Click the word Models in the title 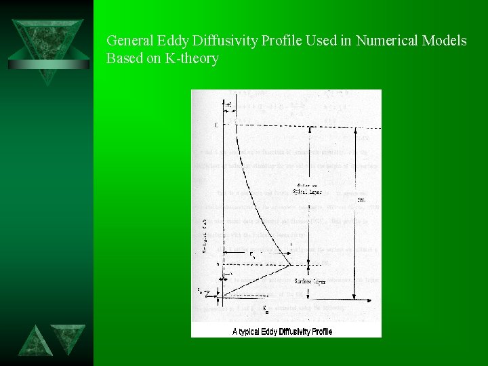pyautogui.click(x=446, y=41)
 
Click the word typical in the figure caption pyautogui.click(x=258, y=331)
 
